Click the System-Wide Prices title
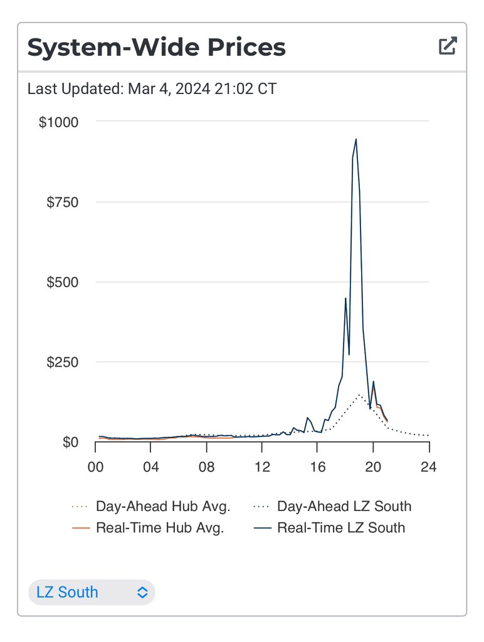click(156, 47)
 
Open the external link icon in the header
click(448, 46)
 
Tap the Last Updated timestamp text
click(152, 89)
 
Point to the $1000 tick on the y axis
click(59, 122)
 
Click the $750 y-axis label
click(63, 203)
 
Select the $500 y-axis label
click(63, 283)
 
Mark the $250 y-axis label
click(63, 363)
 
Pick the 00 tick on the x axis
click(95, 467)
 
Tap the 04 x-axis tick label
click(150, 467)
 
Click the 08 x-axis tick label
click(206, 467)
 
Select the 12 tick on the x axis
click(262, 467)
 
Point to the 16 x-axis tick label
click(318, 467)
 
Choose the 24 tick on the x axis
click(429, 467)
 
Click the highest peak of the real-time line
click(356, 140)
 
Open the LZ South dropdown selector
click(92, 592)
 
